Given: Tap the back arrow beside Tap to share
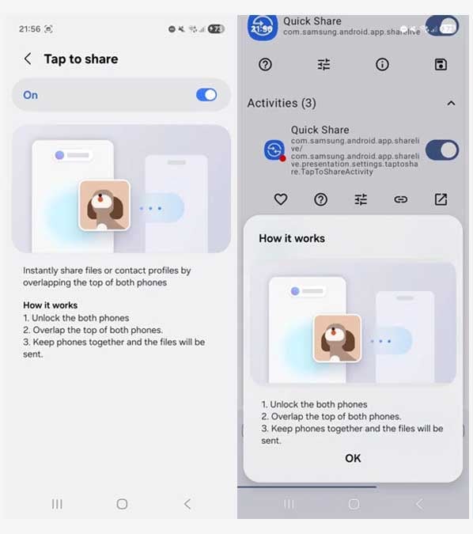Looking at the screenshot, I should point(28,59).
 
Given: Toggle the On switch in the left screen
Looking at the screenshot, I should point(206,95).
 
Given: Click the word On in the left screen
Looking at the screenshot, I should point(30,95).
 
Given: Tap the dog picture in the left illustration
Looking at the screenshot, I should point(104,205).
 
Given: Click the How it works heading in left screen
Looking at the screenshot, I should point(50,305).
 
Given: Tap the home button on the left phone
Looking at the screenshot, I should point(122,504).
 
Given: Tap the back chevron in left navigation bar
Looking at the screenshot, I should point(187,504).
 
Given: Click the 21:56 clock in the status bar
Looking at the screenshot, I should point(29,28).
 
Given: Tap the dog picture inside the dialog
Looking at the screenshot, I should point(337,339).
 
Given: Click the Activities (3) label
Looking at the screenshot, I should point(282,103).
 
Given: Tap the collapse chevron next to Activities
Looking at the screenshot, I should point(451,103).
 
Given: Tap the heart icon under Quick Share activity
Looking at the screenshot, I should point(280,199).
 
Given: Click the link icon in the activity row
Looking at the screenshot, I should point(401,199).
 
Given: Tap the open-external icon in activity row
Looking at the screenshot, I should point(441,199).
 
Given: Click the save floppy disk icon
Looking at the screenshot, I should point(441,65).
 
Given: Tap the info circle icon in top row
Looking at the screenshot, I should point(382,65).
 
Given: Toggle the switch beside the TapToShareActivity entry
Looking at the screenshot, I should point(441,150).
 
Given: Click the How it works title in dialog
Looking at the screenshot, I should point(292,238).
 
